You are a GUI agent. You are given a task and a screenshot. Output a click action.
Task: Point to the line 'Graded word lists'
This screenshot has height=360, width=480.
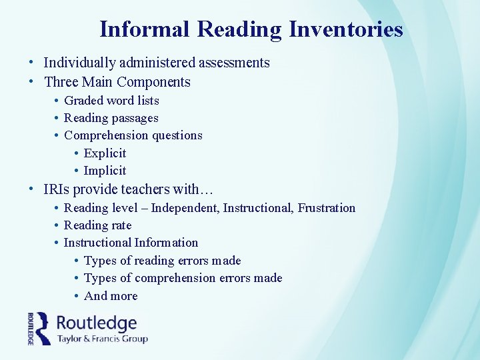[x=111, y=101]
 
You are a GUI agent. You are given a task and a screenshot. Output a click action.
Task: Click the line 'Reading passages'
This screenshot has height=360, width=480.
[x=111, y=118]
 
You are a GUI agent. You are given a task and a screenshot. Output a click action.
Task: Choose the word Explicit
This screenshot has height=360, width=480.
[x=105, y=153]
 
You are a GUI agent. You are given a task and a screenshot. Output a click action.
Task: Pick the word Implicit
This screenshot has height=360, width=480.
[x=105, y=170]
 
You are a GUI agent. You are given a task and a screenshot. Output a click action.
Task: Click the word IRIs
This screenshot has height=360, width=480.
[x=57, y=189]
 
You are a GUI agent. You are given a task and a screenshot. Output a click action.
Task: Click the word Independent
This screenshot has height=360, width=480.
[x=185, y=208]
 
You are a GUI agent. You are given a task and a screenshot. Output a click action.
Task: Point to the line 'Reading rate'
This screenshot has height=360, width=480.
[x=97, y=225]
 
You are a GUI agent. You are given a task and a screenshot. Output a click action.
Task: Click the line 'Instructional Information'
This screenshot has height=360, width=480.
[x=131, y=243]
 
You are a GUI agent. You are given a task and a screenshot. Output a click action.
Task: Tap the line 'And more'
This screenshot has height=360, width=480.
[x=111, y=295]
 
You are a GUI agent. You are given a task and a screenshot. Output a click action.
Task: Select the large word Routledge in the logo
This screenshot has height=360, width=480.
[x=97, y=323]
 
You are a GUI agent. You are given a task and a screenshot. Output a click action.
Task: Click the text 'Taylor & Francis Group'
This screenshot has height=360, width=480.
[x=102, y=338]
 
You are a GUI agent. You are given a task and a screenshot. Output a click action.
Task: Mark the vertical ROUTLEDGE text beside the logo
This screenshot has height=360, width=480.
[x=31, y=328]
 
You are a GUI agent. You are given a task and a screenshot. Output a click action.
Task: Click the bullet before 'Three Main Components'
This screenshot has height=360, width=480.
[x=32, y=82]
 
